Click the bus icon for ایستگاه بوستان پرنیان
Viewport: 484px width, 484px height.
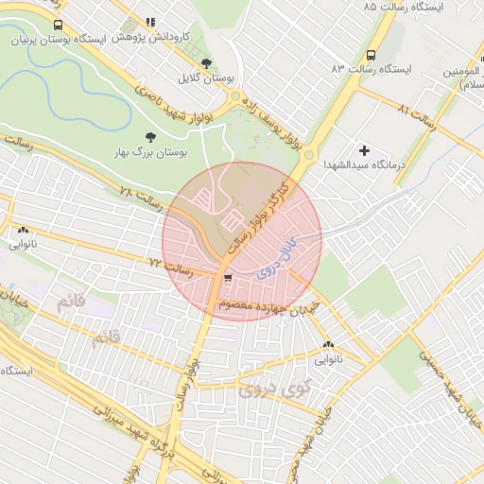pos(59,26)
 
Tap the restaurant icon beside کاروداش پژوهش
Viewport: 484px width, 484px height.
pos(150,22)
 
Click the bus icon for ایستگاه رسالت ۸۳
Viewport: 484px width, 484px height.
pos(370,55)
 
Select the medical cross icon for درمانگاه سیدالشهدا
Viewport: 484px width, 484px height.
pos(364,150)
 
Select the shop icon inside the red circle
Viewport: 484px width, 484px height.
pos(228,278)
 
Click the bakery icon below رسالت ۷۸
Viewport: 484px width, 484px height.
pos(23,230)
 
